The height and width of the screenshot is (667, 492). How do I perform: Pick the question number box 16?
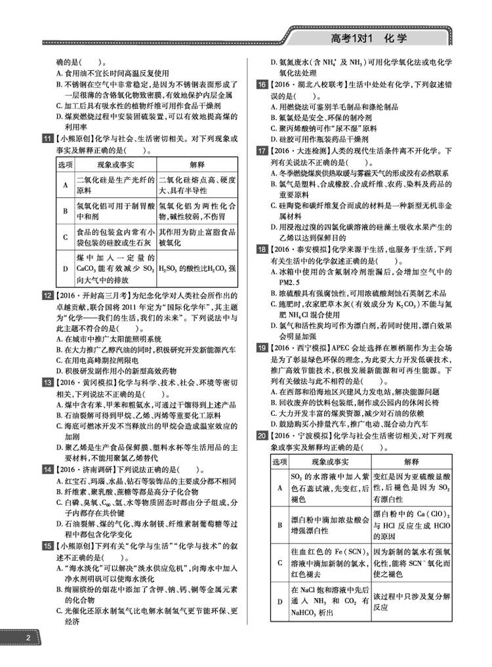[x=261, y=85]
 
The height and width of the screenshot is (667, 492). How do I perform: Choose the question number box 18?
[x=261, y=250]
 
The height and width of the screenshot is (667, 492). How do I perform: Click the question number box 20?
[x=261, y=435]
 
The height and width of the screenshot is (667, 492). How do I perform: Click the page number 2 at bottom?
[x=28, y=640]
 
